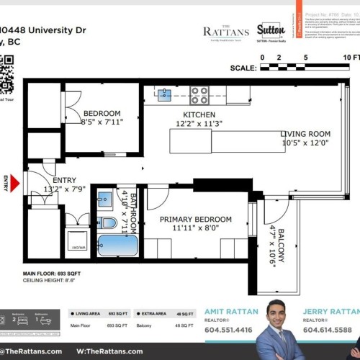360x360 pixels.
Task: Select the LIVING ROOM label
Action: pyautogui.click(x=305, y=134)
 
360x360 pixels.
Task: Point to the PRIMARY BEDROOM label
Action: pyautogui.click(x=196, y=219)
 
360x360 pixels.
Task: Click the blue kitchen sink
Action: pyautogui.click(x=165, y=94)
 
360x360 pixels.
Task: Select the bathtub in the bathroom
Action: pyautogui.click(x=117, y=246)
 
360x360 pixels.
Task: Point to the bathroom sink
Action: pyautogui.click(x=105, y=199)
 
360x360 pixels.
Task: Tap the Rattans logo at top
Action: pyautogui.click(x=226, y=31)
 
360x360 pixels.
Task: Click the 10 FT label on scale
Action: pyautogui.click(x=352, y=56)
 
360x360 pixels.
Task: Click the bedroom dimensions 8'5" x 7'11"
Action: pyautogui.click(x=101, y=122)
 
